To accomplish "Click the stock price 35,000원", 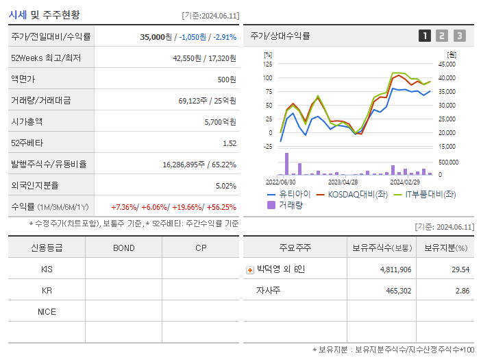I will pyautogui.click(x=155, y=37).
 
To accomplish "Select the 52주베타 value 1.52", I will pyautogui.click(x=229, y=143).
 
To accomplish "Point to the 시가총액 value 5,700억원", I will pyautogui.click(x=220, y=122).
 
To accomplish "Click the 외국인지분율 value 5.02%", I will pyautogui.click(x=225, y=186).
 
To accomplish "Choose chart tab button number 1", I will pyautogui.click(x=425, y=36).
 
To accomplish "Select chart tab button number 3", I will pyautogui.click(x=459, y=36).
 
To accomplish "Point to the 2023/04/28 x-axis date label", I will pyautogui.click(x=343, y=182).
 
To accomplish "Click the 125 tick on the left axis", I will pyautogui.click(x=268, y=64).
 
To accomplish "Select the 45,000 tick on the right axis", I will pyautogui.click(x=446, y=64).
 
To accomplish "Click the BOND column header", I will pyautogui.click(x=123, y=248).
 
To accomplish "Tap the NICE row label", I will pyautogui.click(x=47, y=311).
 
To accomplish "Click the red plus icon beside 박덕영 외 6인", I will pyautogui.click(x=249, y=269).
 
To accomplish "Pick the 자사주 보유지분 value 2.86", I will pyautogui.click(x=463, y=291).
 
